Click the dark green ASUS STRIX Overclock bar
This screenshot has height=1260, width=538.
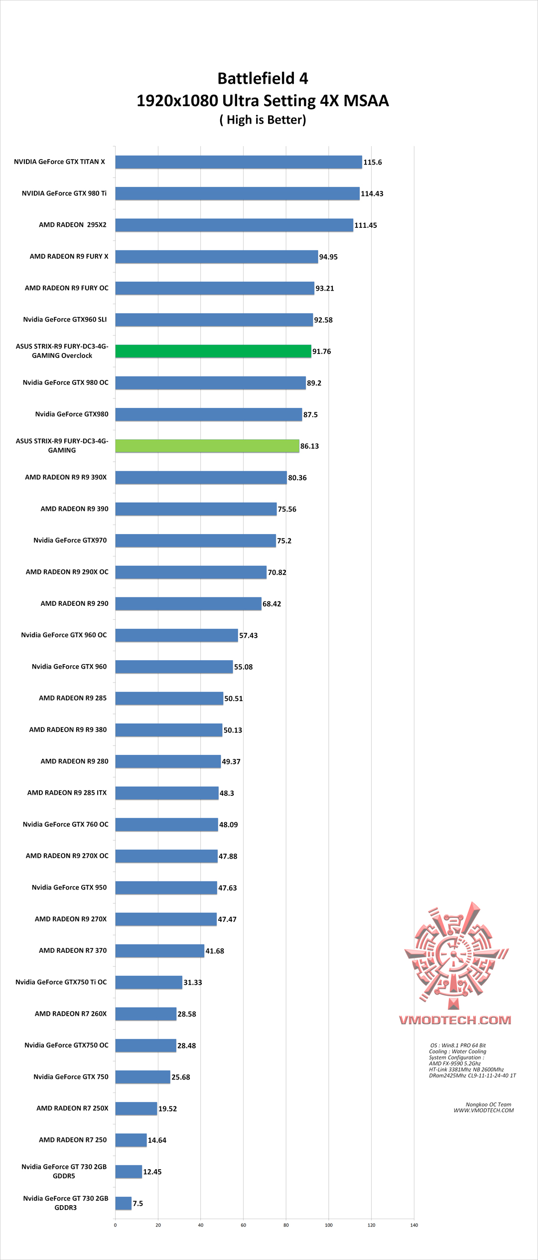[213, 351]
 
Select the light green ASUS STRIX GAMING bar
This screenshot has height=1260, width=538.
[207, 446]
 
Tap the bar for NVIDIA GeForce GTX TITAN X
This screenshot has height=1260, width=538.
[239, 162]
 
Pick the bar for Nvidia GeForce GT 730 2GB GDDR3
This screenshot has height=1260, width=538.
[124, 1203]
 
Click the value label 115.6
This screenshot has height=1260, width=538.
[373, 163]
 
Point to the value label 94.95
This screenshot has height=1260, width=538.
[328, 257]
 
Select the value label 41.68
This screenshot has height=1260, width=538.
[215, 951]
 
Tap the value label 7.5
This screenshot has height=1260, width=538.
[138, 1204]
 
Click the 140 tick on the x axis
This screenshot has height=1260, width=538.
[414, 1225]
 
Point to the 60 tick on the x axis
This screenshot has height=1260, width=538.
[243, 1225]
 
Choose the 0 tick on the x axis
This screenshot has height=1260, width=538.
[115, 1225]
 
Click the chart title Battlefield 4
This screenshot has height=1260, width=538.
[263, 78]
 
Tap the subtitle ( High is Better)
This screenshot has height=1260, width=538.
[263, 120]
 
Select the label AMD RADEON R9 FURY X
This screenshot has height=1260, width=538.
[69, 256]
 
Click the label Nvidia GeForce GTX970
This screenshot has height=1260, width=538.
[70, 540]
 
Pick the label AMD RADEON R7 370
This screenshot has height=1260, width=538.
[73, 950]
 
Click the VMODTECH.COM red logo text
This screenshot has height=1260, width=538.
[455, 1020]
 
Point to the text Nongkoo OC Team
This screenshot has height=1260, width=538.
[488, 1104]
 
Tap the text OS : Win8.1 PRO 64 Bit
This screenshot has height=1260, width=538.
[458, 1046]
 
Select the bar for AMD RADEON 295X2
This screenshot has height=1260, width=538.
[234, 225]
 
